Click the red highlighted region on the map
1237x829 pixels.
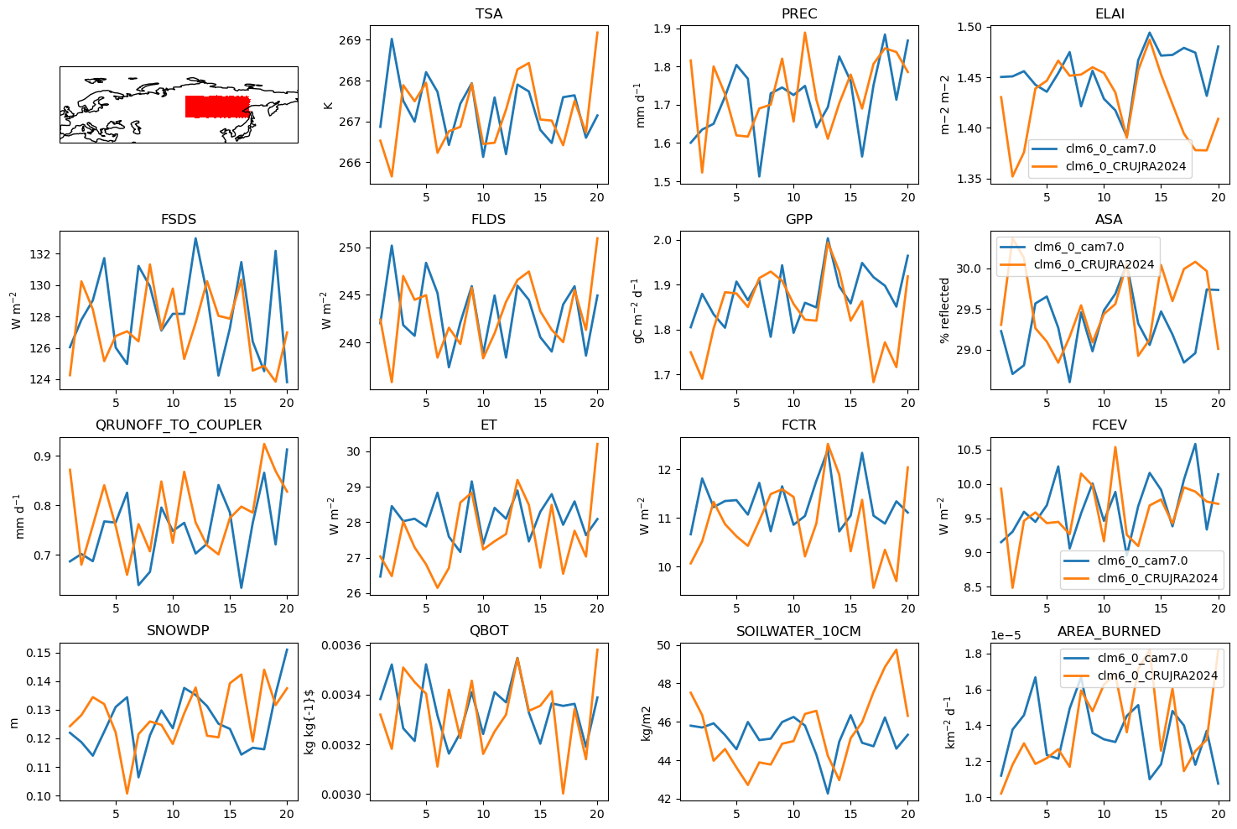tap(217, 107)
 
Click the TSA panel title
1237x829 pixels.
tap(489, 13)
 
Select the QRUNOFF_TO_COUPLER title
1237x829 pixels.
tap(179, 425)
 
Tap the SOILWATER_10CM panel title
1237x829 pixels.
tap(798, 631)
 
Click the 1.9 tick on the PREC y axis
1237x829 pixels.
tap(663, 29)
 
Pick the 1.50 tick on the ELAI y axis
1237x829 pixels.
tap(969, 27)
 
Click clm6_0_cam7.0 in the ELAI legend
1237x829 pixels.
tap(1110, 149)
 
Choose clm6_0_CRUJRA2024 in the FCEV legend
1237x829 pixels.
tap(1157, 579)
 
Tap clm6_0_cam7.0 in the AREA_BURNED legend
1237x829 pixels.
tap(1142, 658)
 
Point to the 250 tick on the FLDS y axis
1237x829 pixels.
tap(351, 248)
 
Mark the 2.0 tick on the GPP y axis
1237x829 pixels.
tap(663, 241)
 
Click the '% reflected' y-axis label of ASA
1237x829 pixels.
tap(945, 310)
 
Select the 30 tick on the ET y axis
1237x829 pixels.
tap(354, 451)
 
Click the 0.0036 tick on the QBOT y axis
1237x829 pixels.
tap(343, 645)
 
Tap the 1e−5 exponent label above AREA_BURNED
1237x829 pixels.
tap(1006, 636)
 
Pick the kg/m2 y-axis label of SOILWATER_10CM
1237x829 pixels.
tap(646, 723)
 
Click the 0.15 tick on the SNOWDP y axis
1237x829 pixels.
tap(39, 654)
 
